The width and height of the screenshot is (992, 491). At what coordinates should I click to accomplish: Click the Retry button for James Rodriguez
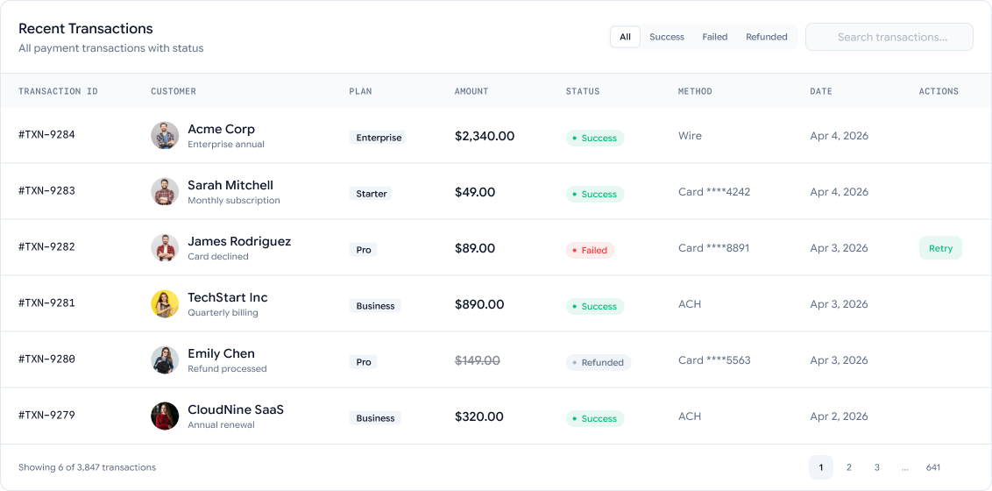(x=940, y=248)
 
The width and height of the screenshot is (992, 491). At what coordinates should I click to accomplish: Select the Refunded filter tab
(x=766, y=37)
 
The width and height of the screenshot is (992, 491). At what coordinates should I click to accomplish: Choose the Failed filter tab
(x=714, y=37)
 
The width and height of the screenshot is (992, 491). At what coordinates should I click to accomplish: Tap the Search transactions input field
(x=889, y=37)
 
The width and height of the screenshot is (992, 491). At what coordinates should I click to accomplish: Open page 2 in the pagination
(x=848, y=467)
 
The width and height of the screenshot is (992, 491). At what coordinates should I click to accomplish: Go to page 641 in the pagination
(x=933, y=467)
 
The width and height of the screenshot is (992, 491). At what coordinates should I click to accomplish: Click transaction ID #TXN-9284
(x=46, y=134)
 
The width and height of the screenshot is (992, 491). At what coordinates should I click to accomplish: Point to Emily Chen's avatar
(x=165, y=360)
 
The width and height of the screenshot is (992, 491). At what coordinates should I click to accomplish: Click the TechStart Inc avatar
(x=165, y=303)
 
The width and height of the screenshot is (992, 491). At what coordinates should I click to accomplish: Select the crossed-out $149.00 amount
(x=478, y=360)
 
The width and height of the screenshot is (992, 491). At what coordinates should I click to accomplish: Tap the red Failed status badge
(x=591, y=250)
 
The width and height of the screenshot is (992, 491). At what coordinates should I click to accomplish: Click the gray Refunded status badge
(x=599, y=363)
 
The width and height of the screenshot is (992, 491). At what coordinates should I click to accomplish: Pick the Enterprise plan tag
(x=378, y=138)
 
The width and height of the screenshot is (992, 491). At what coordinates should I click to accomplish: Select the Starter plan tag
(x=371, y=194)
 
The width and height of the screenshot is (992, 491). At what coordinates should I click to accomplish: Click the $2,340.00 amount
(x=485, y=136)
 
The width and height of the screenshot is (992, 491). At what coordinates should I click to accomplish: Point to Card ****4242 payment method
(x=714, y=192)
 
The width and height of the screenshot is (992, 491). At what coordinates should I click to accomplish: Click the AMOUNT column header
(x=471, y=91)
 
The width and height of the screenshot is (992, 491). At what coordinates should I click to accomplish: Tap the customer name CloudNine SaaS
(x=236, y=409)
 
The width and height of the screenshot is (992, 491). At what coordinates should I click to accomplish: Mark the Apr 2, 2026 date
(x=839, y=416)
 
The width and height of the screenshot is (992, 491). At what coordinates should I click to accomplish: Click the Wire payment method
(x=690, y=136)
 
